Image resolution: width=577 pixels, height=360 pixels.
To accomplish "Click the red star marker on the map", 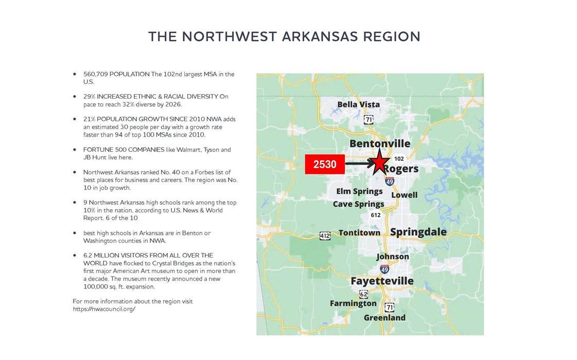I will pyautogui.click(x=379, y=163).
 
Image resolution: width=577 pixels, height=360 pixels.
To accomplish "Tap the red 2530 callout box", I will pyautogui.click(x=325, y=164).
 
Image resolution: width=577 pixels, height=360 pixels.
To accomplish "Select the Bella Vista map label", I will pyautogui.click(x=358, y=104).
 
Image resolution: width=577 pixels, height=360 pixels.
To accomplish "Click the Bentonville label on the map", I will pyautogui.click(x=380, y=143).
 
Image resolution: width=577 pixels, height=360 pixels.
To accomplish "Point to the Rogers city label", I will pyautogui.click(x=401, y=169).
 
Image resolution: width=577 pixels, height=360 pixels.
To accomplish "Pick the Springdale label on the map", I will pyautogui.click(x=418, y=232).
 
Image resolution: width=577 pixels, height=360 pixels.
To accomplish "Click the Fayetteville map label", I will pyautogui.click(x=382, y=281).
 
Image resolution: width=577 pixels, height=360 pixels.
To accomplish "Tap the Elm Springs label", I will pyautogui.click(x=359, y=191).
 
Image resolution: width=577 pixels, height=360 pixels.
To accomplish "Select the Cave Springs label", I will pyautogui.click(x=358, y=204).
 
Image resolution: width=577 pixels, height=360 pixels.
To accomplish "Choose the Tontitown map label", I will pyautogui.click(x=359, y=233).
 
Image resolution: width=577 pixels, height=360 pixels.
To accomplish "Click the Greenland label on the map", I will pyautogui.click(x=384, y=318).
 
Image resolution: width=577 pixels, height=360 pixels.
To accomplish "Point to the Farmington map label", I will pyautogui.click(x=353, y=303).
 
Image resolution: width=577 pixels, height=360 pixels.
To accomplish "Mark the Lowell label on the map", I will pyautogui.click(x=404, y=195).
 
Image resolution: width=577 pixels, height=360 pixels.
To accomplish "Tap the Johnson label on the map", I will pyautogui.click(x=393, y=257).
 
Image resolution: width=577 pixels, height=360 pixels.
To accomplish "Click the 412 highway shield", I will pyautogui.click(x=325, y=236).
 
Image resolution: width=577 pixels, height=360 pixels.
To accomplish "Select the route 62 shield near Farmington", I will pyautogui.click(x=364, y=294).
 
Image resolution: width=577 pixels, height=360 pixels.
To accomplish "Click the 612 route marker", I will pyautogui.click(x=376, y=215).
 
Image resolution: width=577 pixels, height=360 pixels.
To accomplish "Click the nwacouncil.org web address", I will pyautogui.click(x=104, y=309).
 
